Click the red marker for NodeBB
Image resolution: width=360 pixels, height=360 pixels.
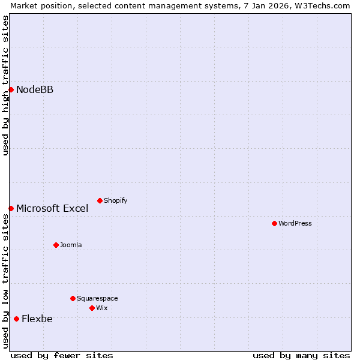11,89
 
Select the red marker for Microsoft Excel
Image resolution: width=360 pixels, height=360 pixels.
11,208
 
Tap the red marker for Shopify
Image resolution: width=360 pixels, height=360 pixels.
100,200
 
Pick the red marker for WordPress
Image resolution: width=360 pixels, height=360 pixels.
274,223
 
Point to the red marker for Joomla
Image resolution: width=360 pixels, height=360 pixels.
56,245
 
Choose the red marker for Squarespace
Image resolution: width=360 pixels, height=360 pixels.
73,298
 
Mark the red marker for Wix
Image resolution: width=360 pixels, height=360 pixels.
92,308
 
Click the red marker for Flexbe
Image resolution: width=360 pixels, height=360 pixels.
16,319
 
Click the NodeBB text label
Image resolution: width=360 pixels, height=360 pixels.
35,90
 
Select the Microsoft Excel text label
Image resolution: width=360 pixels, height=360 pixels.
52,209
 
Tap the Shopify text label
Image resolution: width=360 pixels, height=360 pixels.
115,200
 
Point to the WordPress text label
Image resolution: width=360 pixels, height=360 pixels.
295,223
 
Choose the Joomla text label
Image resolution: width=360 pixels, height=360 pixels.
71,245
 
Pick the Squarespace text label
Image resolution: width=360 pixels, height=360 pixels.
97,298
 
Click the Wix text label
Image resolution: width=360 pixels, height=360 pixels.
101,308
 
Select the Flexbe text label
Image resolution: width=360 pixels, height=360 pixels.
37,319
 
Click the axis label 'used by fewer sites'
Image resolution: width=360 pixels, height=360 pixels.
62,355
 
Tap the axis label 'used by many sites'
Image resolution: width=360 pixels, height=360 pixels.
301,355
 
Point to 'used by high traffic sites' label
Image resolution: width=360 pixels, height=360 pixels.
5,85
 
